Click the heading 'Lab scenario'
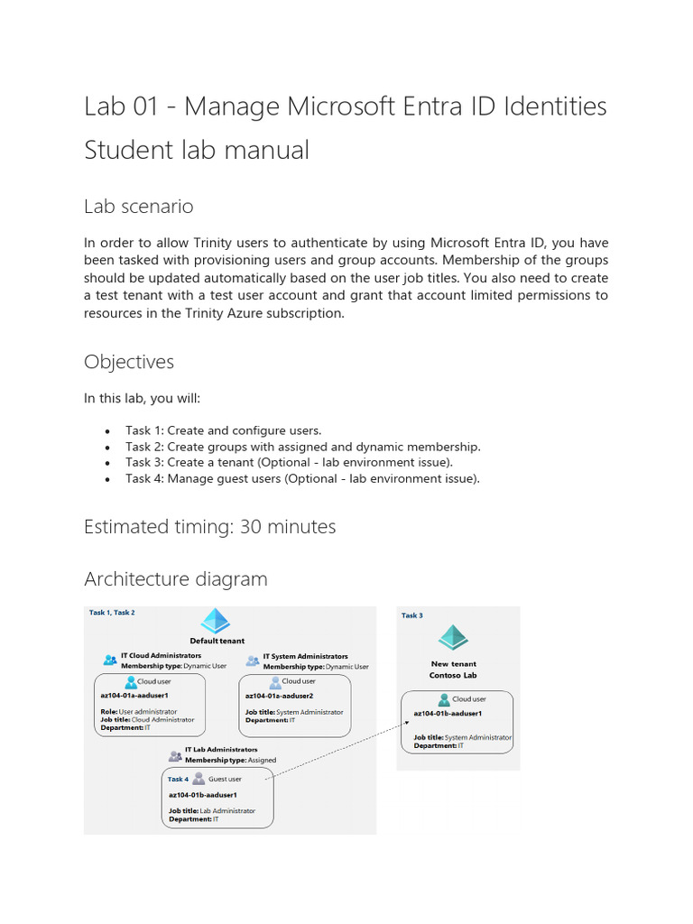[x=138, y=207]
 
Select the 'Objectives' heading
[x=128, y=362]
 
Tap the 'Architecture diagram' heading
[x=175, y=578]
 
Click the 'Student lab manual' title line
[x=196, y=150]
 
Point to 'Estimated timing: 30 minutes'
[x=209, y=526]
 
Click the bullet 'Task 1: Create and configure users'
[x=223, y=430]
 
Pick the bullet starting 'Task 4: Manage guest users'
[x=302, y=479]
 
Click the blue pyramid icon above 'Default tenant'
[x=216, y=622]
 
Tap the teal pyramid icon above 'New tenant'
[x=452, y=639]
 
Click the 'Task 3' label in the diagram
[x=411, y=615]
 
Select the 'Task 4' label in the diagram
[x=178, y=779]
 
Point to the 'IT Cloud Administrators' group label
[x=161, y=656]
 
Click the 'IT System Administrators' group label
[x=305, y=656]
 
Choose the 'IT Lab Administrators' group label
[x=221, y=749]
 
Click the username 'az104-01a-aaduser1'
[x=134, y=696]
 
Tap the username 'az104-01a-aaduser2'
[x=279, y=696]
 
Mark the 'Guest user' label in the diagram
[x=225, y=779]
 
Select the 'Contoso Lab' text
[x=452, y=675]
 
